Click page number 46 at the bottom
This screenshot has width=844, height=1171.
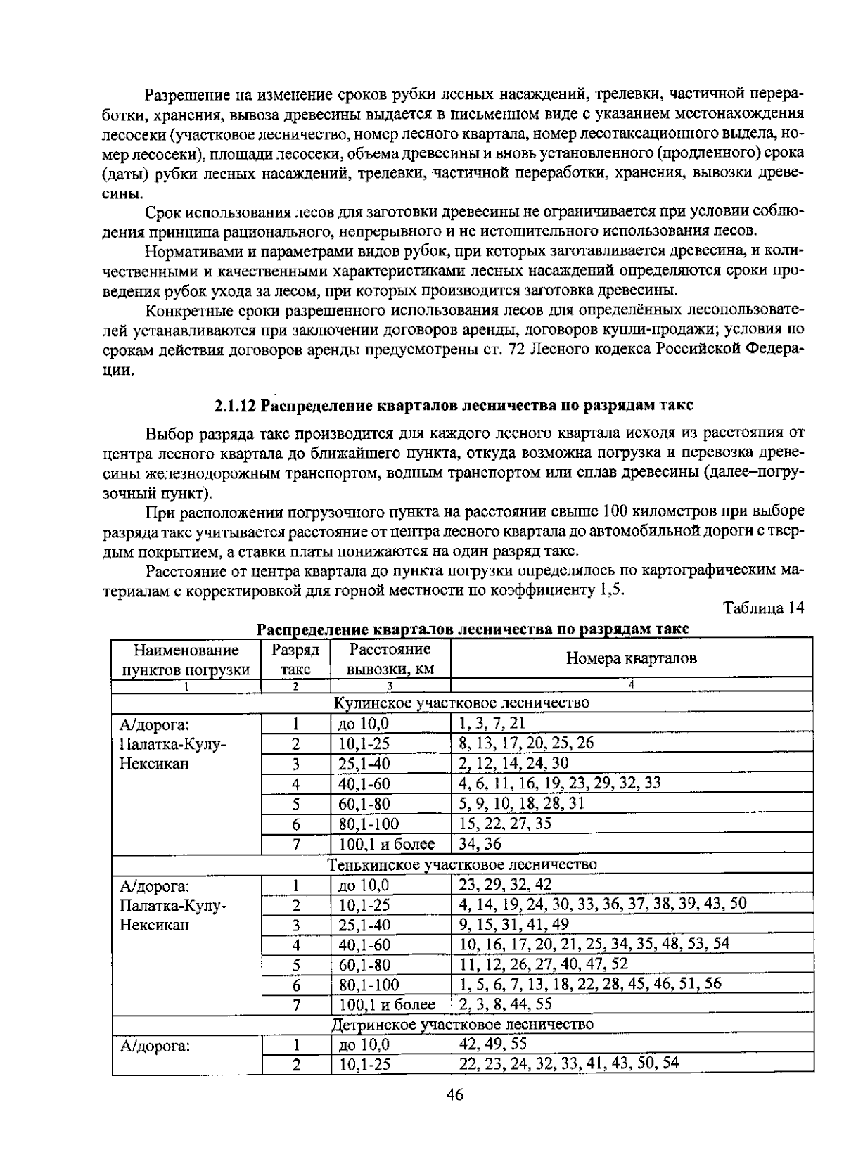[x=454, y=1094]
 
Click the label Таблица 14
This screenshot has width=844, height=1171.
[x=763, y=608]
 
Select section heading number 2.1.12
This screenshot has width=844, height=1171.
[x=236, y=406]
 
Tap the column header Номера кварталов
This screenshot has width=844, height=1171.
[x=631, y=659]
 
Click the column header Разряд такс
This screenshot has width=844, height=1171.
[x=295, y=660]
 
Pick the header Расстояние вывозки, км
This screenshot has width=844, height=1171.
[x=390, y=660]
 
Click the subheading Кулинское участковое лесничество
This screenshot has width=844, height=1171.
[x=461, y=703]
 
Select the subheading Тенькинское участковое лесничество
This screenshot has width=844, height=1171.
[x=462, y=864]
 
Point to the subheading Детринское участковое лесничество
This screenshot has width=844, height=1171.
[x=462, y=1024]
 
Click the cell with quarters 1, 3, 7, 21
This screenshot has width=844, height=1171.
[x=492, y=723]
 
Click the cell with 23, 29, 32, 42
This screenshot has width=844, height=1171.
[x=505, y=885]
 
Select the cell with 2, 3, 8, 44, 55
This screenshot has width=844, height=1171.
[x=505, y=1004]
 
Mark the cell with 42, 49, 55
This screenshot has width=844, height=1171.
[x=492, y=1044]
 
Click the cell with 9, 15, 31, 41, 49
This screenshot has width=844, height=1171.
[x=513, y=924]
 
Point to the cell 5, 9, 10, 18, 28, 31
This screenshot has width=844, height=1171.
[x=521, y=803]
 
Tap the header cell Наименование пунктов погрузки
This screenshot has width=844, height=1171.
[x=186, y=660]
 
